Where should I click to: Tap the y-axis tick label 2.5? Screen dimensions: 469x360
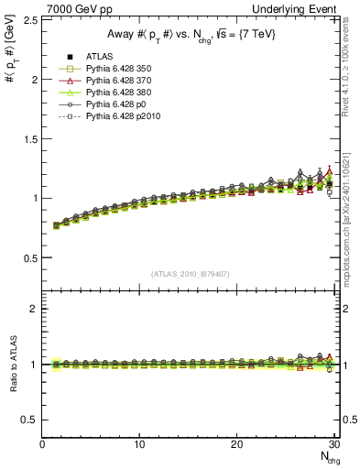point(28,19)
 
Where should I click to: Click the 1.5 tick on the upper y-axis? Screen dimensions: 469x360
point(28,138)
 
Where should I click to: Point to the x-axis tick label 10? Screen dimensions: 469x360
point(139,444)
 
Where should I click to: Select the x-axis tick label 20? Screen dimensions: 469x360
point(236,444)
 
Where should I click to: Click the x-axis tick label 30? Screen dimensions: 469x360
point(333,444)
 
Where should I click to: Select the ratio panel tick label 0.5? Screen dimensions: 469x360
point(28,420)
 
